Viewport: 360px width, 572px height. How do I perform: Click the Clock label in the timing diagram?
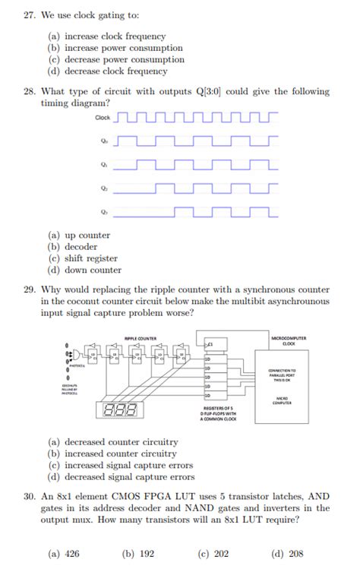tap(103, 118)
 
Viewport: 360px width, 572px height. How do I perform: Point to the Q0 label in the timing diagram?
tap(103, 141)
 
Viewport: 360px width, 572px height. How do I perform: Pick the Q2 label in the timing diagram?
tap(103, 188)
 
